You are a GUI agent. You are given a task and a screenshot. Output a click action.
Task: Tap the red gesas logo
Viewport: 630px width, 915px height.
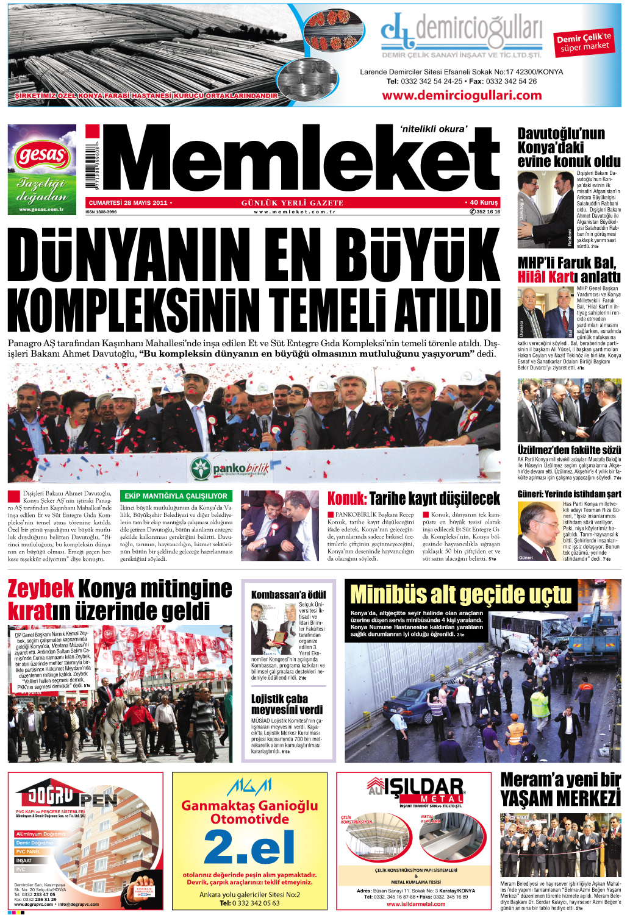tap(41, 155)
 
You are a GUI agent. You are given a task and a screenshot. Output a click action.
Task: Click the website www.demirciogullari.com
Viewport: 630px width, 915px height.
tap(462, 95)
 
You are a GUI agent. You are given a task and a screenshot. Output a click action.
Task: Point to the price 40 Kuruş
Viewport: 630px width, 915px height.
tap(482, 202)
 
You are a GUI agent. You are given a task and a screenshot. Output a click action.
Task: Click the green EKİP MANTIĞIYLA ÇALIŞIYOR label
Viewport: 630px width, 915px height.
tap(176, 496)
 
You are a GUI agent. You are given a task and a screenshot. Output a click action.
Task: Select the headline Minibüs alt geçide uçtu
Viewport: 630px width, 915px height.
tap(461, 594)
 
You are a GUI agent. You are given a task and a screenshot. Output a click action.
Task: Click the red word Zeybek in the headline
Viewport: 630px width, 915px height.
tap(41, 589)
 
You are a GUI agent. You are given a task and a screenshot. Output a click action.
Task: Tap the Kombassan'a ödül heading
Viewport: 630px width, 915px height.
tap(288, 594)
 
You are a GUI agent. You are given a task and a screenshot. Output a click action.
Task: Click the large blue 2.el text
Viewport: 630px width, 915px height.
tap(249, 846)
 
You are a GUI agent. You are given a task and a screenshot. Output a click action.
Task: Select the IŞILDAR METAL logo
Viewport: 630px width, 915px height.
tap(416, 790)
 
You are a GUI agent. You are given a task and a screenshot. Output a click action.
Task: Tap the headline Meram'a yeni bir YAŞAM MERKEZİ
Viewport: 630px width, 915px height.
tap(560, 789)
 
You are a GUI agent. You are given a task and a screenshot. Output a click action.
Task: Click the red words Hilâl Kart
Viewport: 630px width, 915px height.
tap(546, 277)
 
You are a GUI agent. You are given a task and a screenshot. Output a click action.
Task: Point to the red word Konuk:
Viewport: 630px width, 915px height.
tap(346, 499)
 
